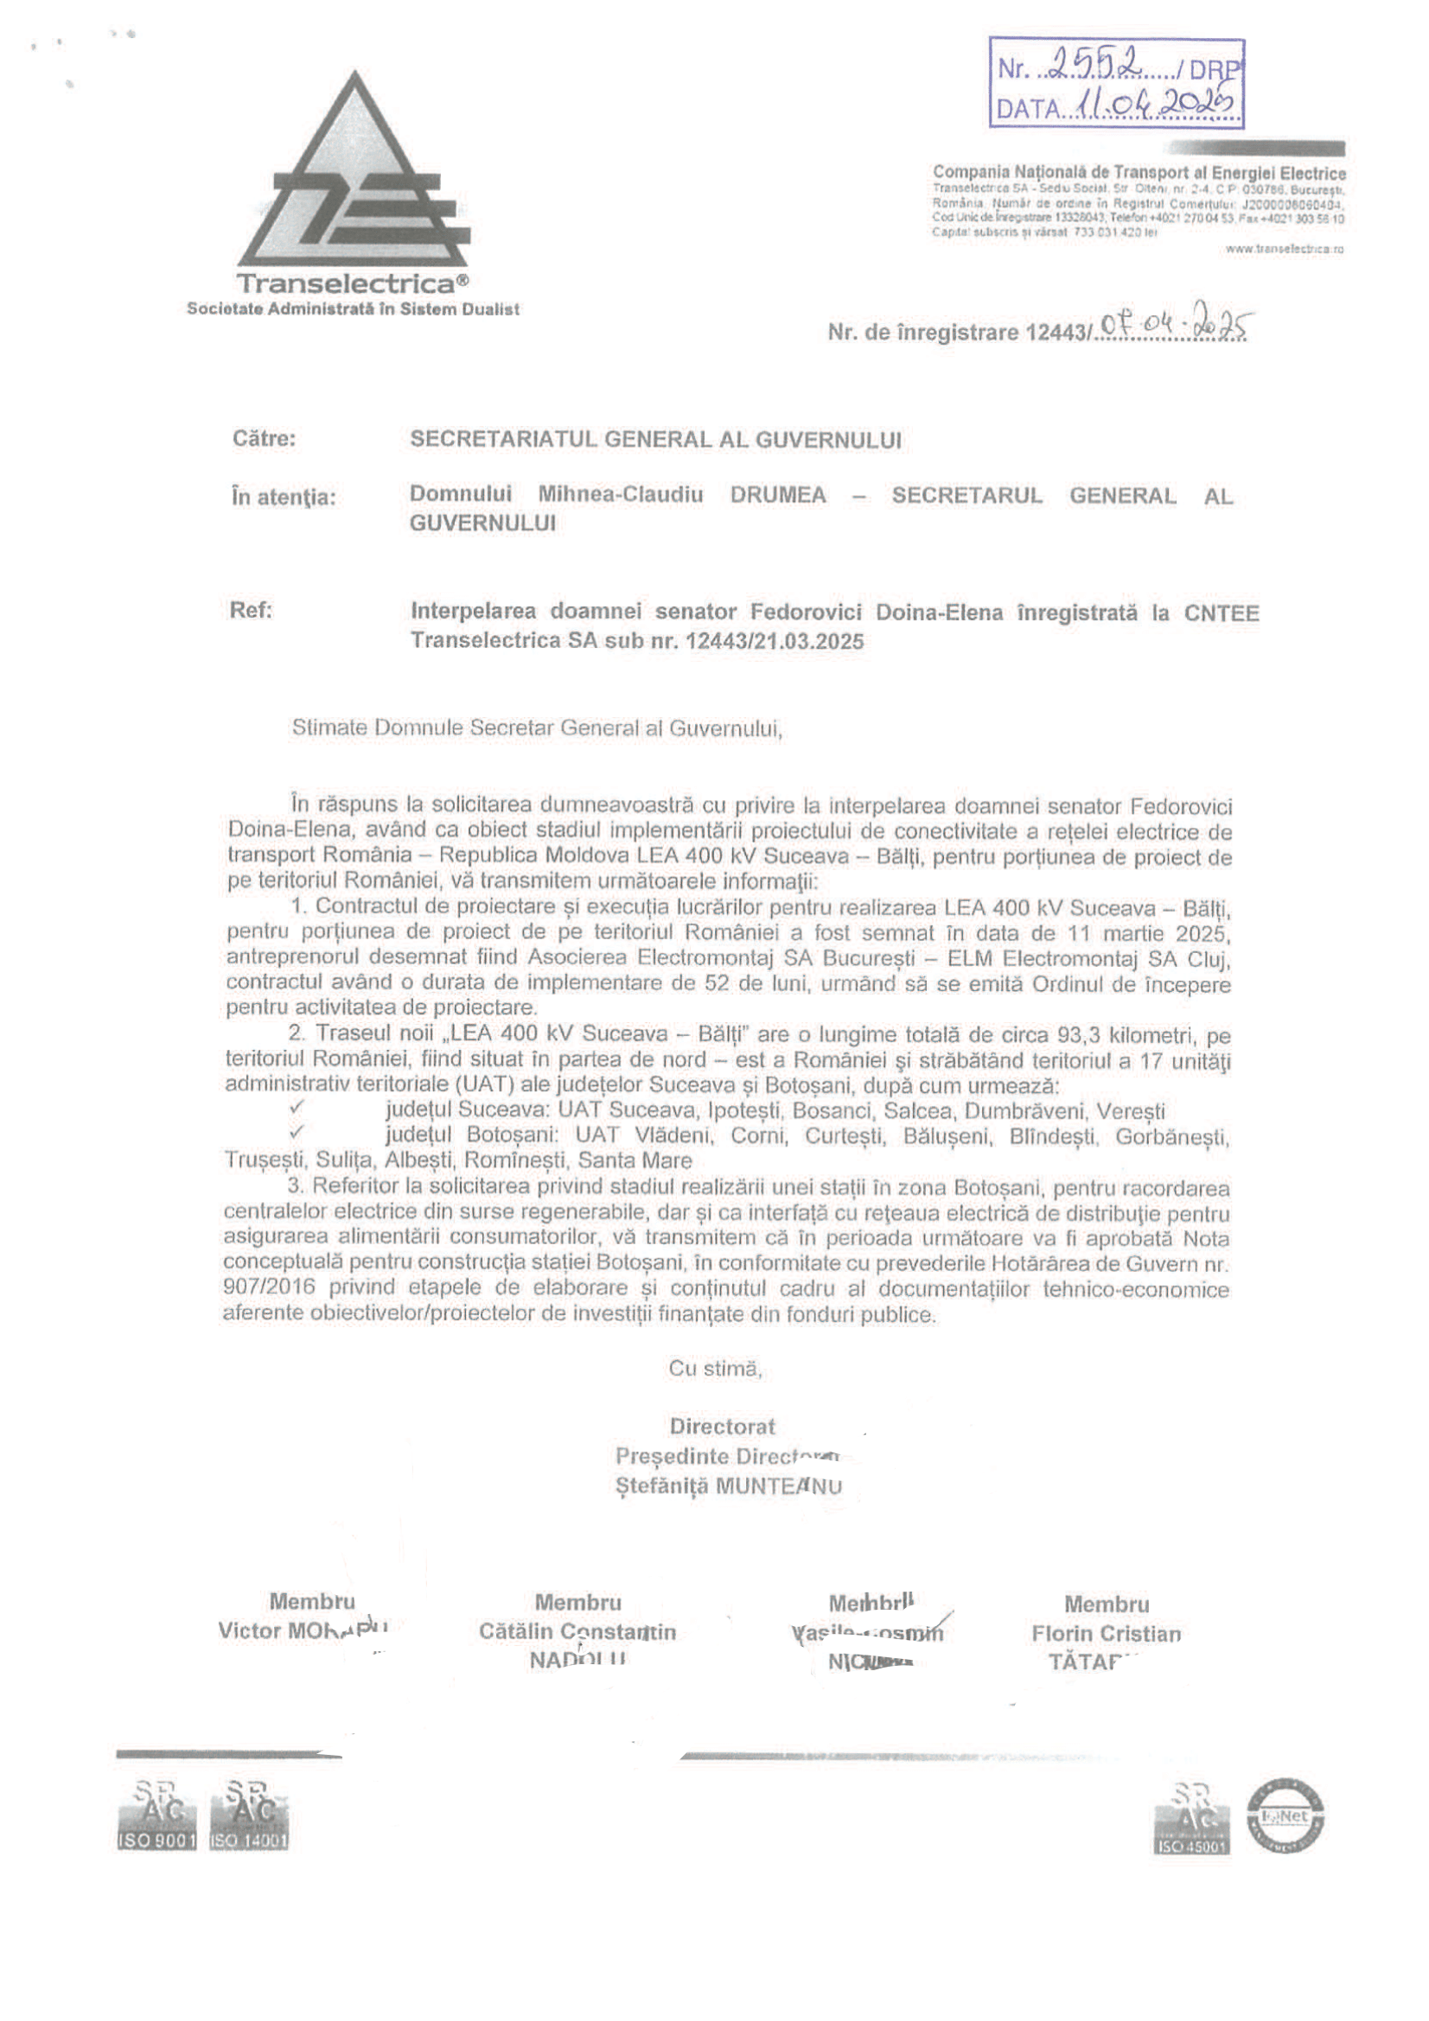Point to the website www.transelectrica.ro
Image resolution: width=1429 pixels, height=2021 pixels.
click(x=1285, y=249)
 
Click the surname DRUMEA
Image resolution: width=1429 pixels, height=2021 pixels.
click(x=777, y=496)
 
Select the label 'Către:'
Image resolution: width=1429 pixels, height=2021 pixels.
click(x=265, y=438)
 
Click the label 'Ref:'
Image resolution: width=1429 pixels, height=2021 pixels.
click(x=251, y=610)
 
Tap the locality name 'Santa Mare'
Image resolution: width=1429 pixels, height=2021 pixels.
click(x=634, y=1160)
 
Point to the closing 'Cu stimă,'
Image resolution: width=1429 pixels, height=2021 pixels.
click(x=715, y=1368)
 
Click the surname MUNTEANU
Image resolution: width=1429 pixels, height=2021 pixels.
click(x=778, y=1487)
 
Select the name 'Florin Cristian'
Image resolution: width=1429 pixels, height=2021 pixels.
click(x=1106, y=1634)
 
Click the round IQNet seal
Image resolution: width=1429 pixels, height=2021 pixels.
click(x=1285, y=1815)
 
